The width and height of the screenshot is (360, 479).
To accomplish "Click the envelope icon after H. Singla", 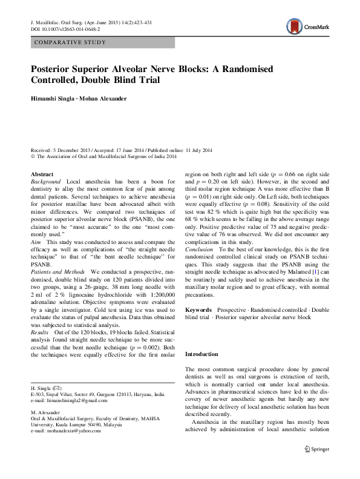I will [x=57, y=387].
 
